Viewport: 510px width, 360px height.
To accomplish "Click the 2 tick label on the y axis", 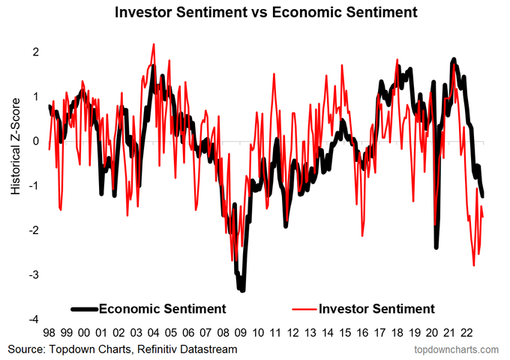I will (36, 52).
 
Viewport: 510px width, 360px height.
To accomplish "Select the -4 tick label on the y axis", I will (34, 319).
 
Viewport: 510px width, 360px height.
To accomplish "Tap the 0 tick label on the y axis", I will (36, 141).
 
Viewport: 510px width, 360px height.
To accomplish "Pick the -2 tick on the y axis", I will (34, 230).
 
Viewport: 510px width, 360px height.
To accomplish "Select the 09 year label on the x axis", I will (241, 331).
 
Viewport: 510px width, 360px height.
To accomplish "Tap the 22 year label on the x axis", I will (466, 331).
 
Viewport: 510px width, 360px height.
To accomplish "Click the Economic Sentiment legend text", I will (162, 308).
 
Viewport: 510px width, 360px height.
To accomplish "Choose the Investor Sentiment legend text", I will (376, 308).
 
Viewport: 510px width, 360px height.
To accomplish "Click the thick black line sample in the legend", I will (84, 308).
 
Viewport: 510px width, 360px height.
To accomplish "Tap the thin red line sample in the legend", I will (302, 308).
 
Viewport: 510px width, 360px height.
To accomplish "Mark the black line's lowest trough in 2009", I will (241, 290).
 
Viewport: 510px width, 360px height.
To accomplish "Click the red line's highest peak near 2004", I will (154, 44).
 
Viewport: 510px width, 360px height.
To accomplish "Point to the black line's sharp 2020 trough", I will (436, 247).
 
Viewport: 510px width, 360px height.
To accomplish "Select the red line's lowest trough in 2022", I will (474, 265).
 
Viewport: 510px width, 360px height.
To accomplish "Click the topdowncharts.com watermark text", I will (457, 349).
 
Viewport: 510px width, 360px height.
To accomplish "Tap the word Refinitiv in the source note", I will (165, 349).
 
